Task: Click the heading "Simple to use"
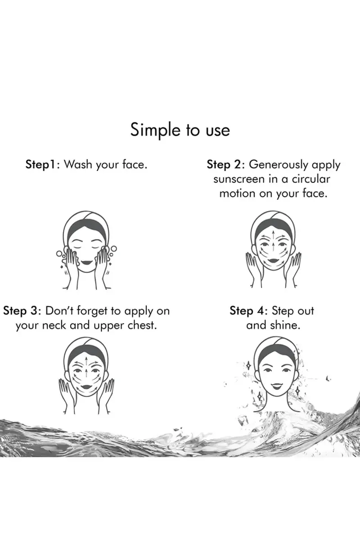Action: click(180, 130)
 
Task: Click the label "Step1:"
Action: click(43, 165)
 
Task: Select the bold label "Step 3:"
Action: click(22, 311)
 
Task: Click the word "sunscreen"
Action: click(238, 180)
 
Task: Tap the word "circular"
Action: click(311, 179)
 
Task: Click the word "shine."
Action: click(285, 325)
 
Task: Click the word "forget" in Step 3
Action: click(92, 311)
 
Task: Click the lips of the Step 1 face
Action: click(86, 262)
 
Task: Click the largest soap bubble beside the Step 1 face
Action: click(113, 248)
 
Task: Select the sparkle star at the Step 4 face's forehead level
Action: click(248, 366)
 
